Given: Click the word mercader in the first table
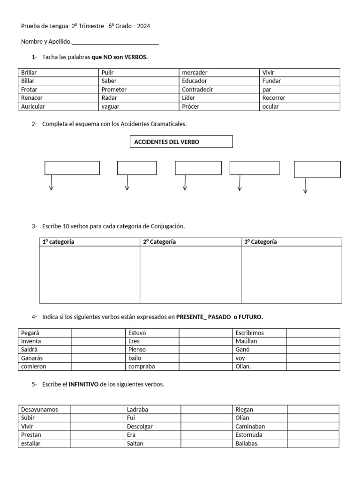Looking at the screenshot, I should [195, 73].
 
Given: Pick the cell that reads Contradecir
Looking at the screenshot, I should [197, 90].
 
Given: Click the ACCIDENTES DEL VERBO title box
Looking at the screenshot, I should [181, 142].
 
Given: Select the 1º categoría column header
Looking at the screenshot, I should [59, 242].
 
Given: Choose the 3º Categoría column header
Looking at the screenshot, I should [261, 242].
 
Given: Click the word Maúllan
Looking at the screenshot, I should [247, 341].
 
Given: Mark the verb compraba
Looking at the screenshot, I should [141, 367].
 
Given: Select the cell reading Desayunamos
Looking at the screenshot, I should [40, 409].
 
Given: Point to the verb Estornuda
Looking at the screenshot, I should [249, 435].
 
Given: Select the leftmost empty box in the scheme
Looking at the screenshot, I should [72, 168].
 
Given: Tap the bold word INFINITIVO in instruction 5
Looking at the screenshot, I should [84, 384].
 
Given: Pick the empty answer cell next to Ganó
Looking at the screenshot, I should [313, 350].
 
